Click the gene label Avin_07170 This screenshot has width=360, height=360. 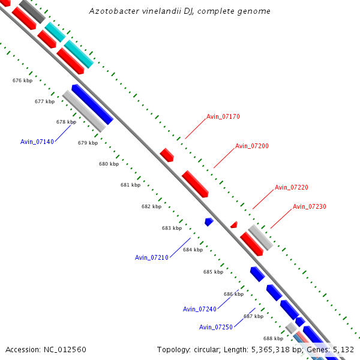point(223,116)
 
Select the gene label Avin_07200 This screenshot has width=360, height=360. point(252,146)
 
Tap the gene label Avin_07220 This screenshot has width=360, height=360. point(292,187)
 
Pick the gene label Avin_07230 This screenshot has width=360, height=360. point(310,206)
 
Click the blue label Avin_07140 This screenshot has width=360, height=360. point(37,142)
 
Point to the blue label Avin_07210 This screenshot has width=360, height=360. point(152,257)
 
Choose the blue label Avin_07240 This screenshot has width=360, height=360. point(200,309)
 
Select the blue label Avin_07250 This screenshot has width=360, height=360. point(216,327)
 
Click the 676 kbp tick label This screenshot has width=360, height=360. point(22,80)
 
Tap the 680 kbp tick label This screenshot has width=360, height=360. point(109,164)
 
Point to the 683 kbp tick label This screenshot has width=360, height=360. point(172,228)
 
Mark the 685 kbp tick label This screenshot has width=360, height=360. point(213,272)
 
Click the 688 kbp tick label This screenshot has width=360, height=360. point(273,338)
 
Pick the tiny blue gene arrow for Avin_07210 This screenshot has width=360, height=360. point(209,222)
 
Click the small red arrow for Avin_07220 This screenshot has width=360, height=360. point(234,224)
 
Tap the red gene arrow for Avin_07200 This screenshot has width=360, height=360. point(195,184)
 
